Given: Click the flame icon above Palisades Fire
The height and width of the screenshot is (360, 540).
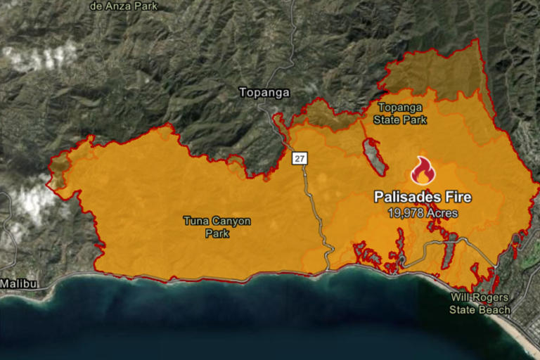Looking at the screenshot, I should coord(423,170).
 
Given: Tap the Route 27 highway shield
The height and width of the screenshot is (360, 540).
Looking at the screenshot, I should coord(300,159).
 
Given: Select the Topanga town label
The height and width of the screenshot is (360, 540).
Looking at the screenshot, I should coord(264,92).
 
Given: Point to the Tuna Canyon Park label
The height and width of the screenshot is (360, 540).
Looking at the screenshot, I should coord(217,227).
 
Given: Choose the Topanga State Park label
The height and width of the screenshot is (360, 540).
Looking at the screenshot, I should coord(402,113).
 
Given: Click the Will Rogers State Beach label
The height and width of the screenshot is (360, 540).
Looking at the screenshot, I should coord(480,302).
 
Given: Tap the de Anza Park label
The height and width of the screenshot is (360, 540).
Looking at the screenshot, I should coord(124,6).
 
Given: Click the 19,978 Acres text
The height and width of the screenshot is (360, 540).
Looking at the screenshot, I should coord(423,212).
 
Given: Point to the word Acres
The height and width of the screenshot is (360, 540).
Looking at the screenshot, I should coord(442,212).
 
